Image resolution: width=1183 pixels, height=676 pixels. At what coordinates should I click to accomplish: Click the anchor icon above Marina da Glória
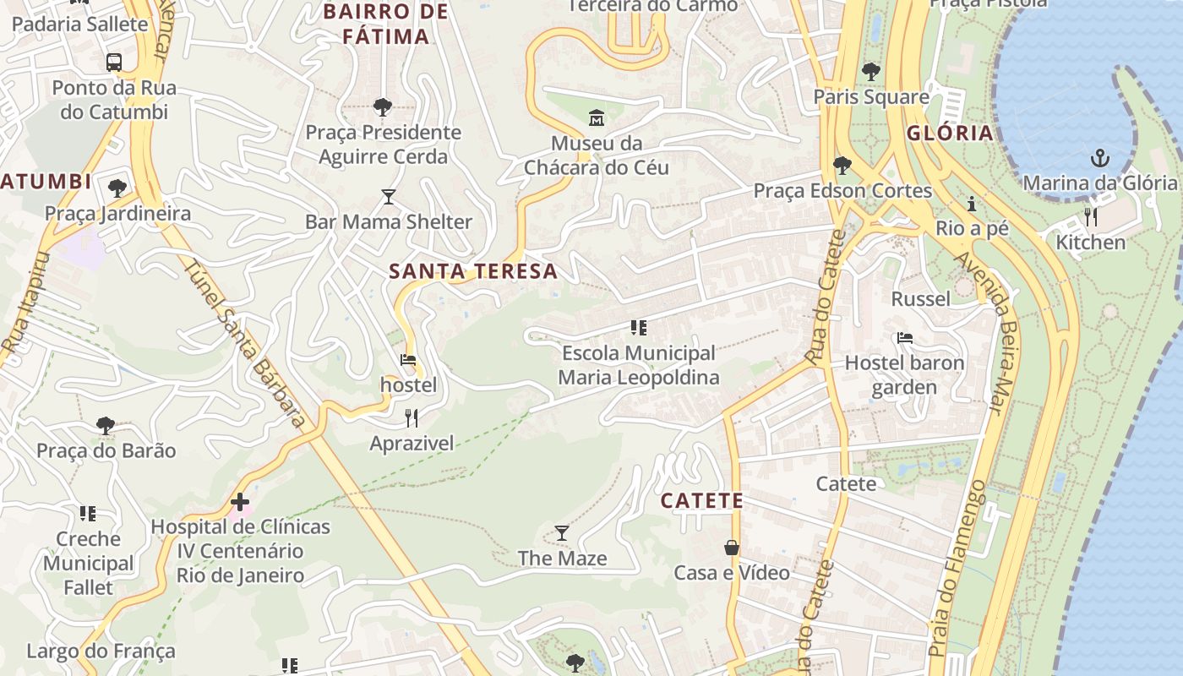pos(1099,157)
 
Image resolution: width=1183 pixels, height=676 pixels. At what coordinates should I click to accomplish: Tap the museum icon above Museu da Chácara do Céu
pos(597,117)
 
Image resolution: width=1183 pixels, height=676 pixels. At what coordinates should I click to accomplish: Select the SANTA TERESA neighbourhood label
pos(473,271)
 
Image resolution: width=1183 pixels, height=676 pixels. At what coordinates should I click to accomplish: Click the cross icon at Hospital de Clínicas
pos(240,502)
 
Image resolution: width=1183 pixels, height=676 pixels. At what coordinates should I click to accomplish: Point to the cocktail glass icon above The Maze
pos(562,533)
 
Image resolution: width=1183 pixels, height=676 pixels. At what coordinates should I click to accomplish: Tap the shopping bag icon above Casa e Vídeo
pos(732,548)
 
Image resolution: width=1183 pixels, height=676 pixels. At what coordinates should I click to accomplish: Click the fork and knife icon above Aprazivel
pos(412,417)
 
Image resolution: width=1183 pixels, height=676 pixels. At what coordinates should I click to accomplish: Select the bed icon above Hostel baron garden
pos(905,338)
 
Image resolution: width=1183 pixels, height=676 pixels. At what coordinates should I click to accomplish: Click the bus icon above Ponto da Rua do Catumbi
pos(114,62)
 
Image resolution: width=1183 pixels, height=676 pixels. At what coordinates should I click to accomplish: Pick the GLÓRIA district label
pos(950,134)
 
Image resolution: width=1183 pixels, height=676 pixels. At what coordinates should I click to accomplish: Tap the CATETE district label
pos(702,501)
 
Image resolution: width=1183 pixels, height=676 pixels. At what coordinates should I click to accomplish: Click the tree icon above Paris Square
pos(871,72)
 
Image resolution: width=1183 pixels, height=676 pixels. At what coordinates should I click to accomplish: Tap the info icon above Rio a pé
pos(972,204)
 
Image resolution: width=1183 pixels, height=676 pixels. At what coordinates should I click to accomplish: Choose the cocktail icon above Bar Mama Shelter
pos(389,197)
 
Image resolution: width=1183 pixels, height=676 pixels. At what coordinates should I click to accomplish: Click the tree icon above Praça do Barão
pos(106,425)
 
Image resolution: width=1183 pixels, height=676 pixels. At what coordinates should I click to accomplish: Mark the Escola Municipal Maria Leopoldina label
pos(638,365)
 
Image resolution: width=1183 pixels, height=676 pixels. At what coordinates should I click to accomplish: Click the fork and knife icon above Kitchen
pos(1091,217)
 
